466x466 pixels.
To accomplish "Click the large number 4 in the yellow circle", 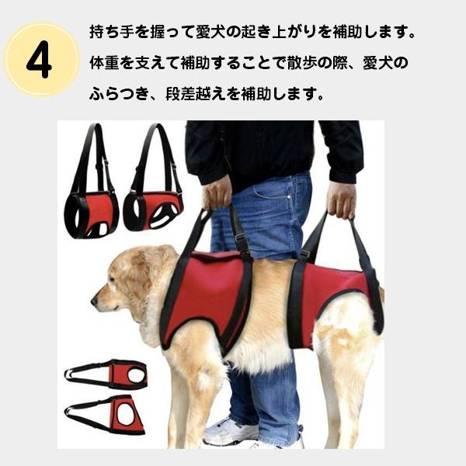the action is (39, 60).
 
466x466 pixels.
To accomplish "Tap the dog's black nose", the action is (94, 302).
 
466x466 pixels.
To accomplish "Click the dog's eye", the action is (112, 279).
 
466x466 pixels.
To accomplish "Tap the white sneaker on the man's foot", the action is (231, 432).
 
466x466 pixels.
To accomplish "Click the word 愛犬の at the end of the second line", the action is (385, 63).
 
